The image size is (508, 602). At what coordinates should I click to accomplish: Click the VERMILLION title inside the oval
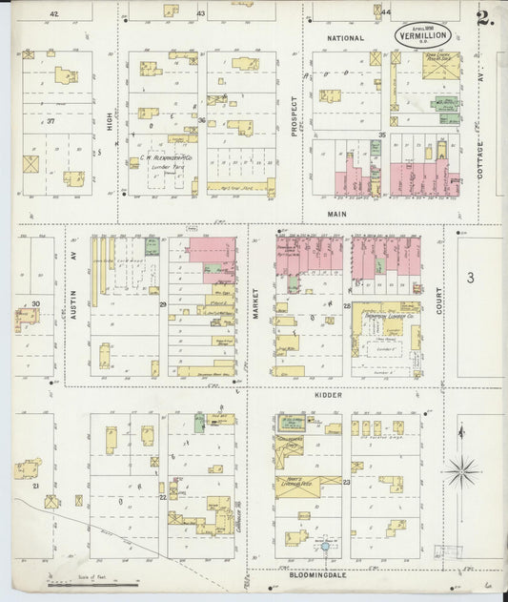pyautogui.click(x=423, y=36)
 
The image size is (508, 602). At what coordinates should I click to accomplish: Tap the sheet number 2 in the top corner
pyautogui.click(x=484, y=16)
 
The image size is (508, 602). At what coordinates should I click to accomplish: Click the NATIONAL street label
pyautogui.click(x=345, y=38)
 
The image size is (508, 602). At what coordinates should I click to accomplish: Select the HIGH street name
pyautogui.click(x=110, y=120)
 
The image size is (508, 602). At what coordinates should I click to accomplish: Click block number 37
pyautogui.click(x=51, y=122)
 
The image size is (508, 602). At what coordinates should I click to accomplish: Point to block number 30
pyautogui.click(x=35, y=303)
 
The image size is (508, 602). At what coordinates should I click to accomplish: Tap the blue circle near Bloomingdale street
pyautogui.click(x=324, y=547)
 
